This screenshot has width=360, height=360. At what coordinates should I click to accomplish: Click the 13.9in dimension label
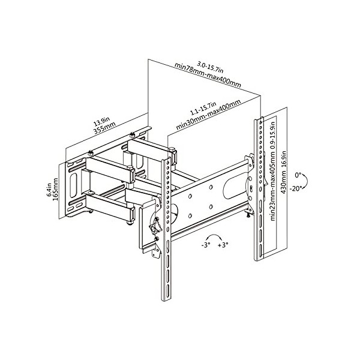coord(102,121)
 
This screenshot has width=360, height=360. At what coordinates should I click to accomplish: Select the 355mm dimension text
coord(104,128)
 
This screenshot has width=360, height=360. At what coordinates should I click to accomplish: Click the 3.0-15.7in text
coord(211,67)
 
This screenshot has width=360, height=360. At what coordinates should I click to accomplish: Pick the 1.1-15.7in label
coord(203,109)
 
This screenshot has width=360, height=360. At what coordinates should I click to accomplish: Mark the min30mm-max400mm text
coord(208,115)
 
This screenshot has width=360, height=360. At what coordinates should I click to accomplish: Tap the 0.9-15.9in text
coord(273,137)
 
